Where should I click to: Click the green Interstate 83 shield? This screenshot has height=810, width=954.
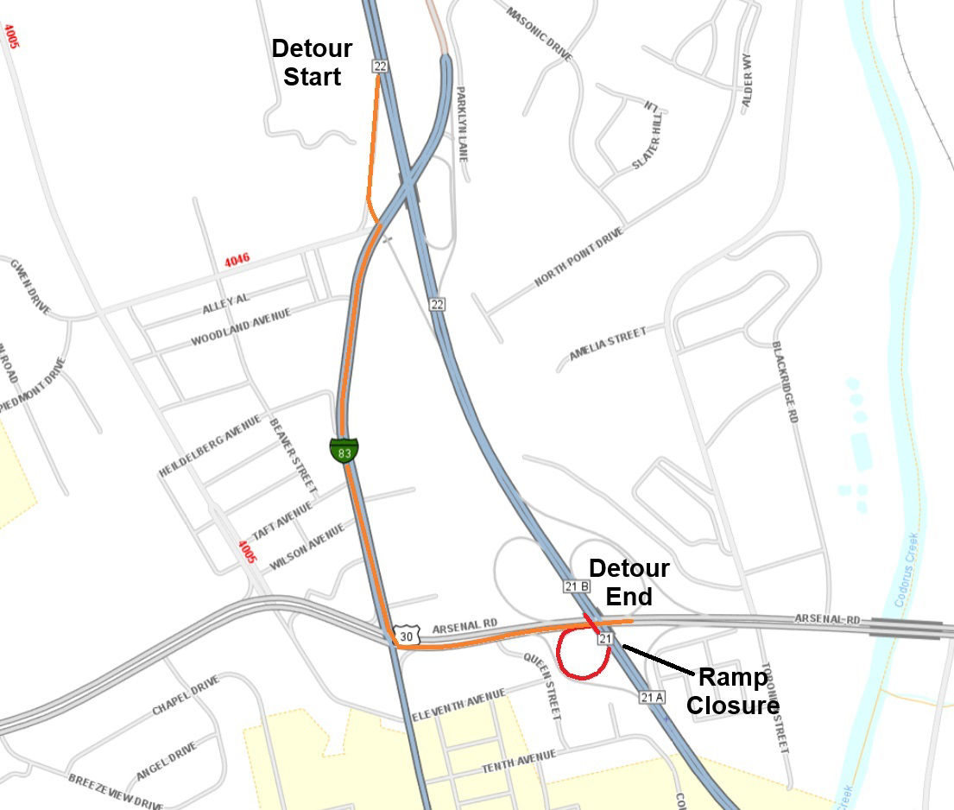click(344, 450)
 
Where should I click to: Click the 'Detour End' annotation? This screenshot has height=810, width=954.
click(629, 582)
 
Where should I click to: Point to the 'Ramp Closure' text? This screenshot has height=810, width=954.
click(733, 691)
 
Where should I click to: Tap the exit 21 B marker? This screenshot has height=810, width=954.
click(576, 586)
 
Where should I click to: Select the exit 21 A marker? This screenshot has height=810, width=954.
click(652, 696)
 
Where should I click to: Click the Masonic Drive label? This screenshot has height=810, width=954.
click(539, 35)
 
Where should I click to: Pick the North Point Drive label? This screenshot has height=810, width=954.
click(578, 257)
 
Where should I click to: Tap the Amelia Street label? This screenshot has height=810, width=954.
click(607, 343)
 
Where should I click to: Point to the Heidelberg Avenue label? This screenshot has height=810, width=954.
click(209, 446)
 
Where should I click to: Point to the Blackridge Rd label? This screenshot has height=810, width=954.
click(785, 380)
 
